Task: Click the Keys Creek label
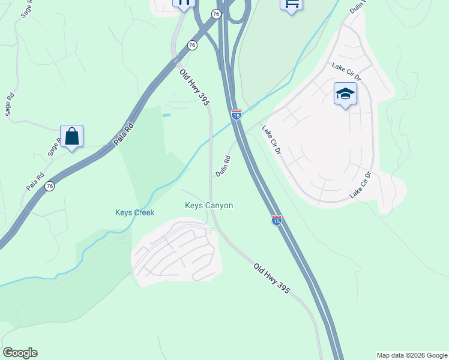pyautogui.click(x=134, y=212)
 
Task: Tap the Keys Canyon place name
pyautogui.click(x=209, y=205)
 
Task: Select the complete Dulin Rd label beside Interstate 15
pyautogui.click(x=223, y=166)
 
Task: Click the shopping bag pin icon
pyautogui.click(x=71, y=136)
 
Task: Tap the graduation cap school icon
pyautogui.click(x=345, y=94)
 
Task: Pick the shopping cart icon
pyautogui.click(x=291, y=4)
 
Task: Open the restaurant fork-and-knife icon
pyautogui.click(x=184, y=3)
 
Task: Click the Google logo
pyautogui.click(x=20, y=353)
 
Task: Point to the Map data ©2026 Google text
pyautogui.click(x=412, y=355)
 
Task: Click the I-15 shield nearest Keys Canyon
pyautogui.click(x=276, y=220)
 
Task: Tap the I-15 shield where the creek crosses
pyautogui.click(x=237, y=114)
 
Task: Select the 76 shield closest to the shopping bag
pyautogui.click(x=49, y=186)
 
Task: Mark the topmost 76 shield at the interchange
pyautogui.click(x=216, y=13)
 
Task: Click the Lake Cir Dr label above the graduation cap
pyautogui.click(x=346, y=71)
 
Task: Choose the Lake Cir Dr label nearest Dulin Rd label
pyautogui.click(x=271, y=140)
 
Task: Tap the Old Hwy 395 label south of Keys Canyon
pyautogui.click(x=271, y=278)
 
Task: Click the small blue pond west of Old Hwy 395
pyautogui.click(x=166, y=115)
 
